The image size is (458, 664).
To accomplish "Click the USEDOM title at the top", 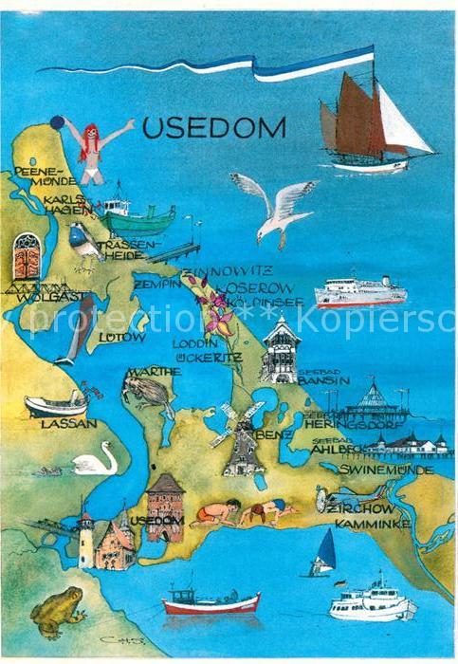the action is (213, 127).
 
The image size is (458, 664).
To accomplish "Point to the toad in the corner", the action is (58, 611).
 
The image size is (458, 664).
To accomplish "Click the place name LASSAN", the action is (68, 424).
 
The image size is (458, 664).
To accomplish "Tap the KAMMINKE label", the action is (364, 523).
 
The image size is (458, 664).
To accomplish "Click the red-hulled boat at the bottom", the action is (211, 602).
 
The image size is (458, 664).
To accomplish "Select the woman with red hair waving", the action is (92, 150).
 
